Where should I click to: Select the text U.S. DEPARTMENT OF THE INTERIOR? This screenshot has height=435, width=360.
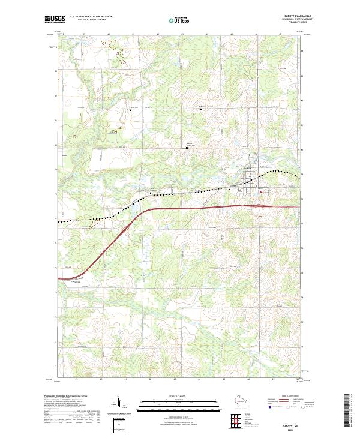91,17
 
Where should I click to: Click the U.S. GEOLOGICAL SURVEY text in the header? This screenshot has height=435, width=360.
91,20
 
